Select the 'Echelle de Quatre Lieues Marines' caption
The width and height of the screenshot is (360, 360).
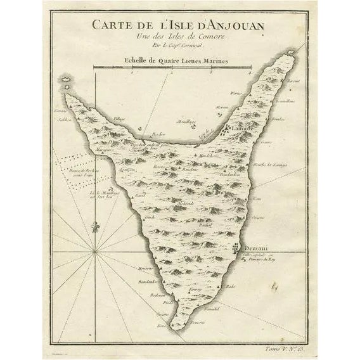point(169,60)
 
